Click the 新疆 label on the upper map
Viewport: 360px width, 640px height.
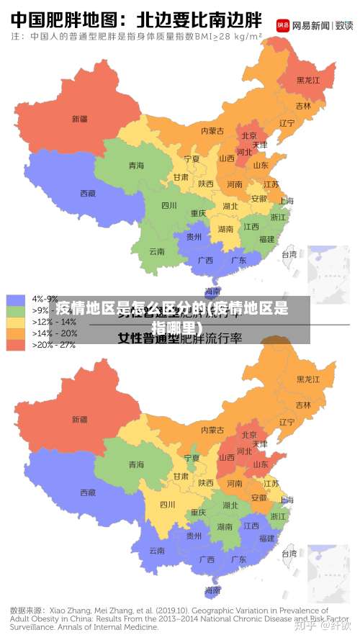pos(79,118)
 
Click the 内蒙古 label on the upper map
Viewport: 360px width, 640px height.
pos(212,131)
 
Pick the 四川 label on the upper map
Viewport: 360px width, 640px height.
pos(168,205)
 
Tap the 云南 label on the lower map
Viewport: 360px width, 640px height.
pos(157,551)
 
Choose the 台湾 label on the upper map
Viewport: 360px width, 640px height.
pos(289,254)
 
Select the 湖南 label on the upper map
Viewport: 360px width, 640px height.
pos(225,230)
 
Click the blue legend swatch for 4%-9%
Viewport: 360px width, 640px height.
pos(16,299)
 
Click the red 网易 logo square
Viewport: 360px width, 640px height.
pos(284,25)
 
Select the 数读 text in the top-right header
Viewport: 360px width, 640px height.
pos(344,25)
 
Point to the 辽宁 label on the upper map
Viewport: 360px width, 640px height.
pos(287,122)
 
